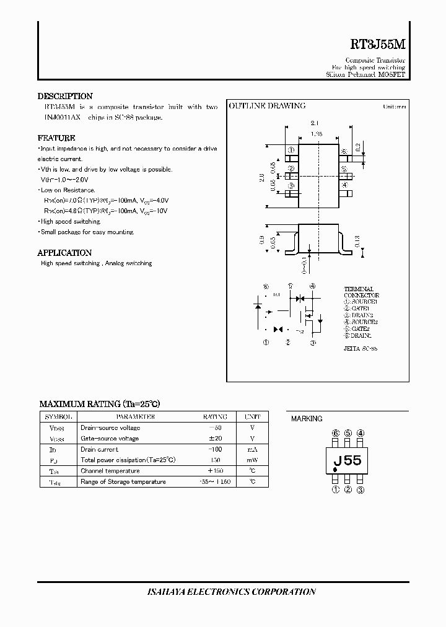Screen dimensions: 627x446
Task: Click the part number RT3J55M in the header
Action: [378, 45]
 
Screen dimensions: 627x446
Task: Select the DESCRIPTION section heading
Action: [65, 96]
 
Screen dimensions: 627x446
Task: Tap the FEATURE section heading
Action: [56, 138]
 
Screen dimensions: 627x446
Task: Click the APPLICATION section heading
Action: [64, 253]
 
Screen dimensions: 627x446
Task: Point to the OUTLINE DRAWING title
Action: [267, 106]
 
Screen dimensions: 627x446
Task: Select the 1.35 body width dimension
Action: [316, 134]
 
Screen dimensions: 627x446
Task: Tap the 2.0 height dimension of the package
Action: [263, 177]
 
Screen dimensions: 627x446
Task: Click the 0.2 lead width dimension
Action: [359, 147]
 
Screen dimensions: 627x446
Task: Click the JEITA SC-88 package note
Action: [361, 349]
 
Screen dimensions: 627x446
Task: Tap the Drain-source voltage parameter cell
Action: [110, 427]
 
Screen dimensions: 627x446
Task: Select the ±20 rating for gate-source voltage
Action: [215, 439]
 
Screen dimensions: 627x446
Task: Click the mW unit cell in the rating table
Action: [252, 460]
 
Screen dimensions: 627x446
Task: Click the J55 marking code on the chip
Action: [348, 461]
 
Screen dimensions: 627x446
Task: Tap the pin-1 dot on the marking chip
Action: [335, 470]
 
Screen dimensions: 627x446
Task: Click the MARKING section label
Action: [307, 419]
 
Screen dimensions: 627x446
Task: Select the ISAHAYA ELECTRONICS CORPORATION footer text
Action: [223, 592]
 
